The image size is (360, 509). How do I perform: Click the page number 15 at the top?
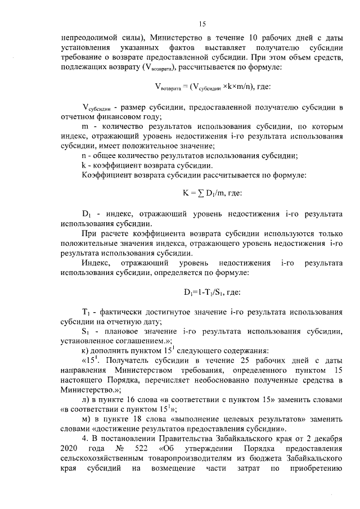(203, 24)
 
